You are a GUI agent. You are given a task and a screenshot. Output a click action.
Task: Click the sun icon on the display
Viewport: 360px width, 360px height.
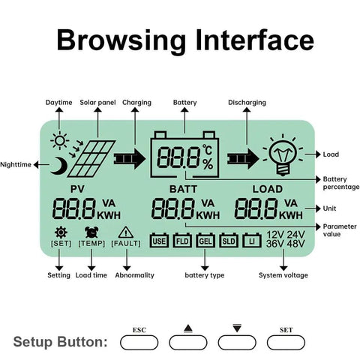[x=60, y=140]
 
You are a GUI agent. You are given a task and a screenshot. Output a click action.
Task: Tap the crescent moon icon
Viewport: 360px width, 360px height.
[x=60, y=166]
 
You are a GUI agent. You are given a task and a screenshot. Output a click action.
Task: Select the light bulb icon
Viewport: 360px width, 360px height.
[x=283, y=155]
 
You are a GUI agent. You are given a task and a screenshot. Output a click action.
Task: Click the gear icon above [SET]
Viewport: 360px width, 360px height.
[x=61, y=232]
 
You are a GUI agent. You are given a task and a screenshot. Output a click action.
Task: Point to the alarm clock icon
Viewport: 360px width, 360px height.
[x=91, y=232]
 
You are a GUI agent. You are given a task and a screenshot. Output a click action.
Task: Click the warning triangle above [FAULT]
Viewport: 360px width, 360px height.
[x=126, y=232]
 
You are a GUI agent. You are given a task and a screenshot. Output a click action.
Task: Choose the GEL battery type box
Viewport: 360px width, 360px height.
[x=205, y=241]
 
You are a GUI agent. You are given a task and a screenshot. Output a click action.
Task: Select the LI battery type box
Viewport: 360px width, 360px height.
[x=252, y=241]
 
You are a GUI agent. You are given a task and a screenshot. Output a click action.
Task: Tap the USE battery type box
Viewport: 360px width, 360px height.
[x=159, y=241]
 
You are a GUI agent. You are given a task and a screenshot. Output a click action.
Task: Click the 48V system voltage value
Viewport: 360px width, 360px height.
[x=295, y=244]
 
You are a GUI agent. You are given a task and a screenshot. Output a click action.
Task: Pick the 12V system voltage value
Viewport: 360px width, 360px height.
[x=275, y=235]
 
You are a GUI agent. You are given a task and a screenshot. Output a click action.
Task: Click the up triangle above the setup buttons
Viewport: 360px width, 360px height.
[x=188, y=328]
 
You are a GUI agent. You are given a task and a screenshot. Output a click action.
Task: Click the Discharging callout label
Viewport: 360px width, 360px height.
[x=247, y=103]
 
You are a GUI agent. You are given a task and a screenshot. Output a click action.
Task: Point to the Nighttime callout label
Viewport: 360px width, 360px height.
[x=16, y=165]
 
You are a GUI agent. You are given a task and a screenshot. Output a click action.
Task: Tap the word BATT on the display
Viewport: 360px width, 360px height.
[x=183, y=189]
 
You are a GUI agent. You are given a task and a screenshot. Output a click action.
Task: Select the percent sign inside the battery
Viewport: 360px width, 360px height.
[x=208, y=164]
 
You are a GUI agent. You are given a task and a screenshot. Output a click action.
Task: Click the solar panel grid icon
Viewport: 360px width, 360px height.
[x=91, y=159]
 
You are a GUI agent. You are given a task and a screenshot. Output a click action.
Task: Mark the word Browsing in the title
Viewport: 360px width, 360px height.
[x=121, y=40]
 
